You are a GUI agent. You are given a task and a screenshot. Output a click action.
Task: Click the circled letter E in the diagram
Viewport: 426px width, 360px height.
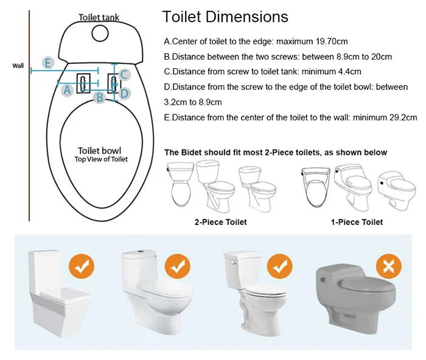coord(48,63)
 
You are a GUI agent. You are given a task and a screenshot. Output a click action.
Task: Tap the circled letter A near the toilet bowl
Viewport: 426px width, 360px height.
coord(67,90)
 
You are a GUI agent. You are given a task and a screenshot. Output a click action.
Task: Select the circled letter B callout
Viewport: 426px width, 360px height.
coord(100,97)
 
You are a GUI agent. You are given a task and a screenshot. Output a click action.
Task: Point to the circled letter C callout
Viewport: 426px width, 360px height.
coord(124,75)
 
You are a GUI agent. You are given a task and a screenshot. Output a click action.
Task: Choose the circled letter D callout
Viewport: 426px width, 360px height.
coord(124,94)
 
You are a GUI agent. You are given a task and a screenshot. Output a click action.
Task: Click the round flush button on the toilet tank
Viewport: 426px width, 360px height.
coord(100,33)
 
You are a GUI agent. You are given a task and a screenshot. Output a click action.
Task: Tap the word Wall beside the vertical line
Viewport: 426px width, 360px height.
coord(18,66)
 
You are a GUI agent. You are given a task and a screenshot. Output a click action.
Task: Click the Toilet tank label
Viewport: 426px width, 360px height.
coord(99,18)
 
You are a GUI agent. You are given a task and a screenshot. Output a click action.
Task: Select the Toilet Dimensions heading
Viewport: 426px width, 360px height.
coord(225,16)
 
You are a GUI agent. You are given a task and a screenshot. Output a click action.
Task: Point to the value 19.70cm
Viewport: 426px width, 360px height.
coord(332,41)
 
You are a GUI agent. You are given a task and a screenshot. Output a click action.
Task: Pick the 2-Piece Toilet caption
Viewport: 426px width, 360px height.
coord(220,222)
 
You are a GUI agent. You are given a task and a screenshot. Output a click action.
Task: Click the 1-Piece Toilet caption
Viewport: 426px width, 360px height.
coord(357,222)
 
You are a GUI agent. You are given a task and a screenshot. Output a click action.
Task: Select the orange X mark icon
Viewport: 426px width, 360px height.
coord(388,266)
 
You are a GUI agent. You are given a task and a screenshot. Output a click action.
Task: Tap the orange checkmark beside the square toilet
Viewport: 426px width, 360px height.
coord(82,266)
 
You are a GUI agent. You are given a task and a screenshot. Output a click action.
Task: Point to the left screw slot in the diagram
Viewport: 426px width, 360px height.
coord(83,84)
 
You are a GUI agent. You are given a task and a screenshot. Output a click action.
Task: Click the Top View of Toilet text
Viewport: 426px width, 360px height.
coord(101,159)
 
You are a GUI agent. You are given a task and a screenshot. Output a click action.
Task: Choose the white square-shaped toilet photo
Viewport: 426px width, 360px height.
coord(58,293)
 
